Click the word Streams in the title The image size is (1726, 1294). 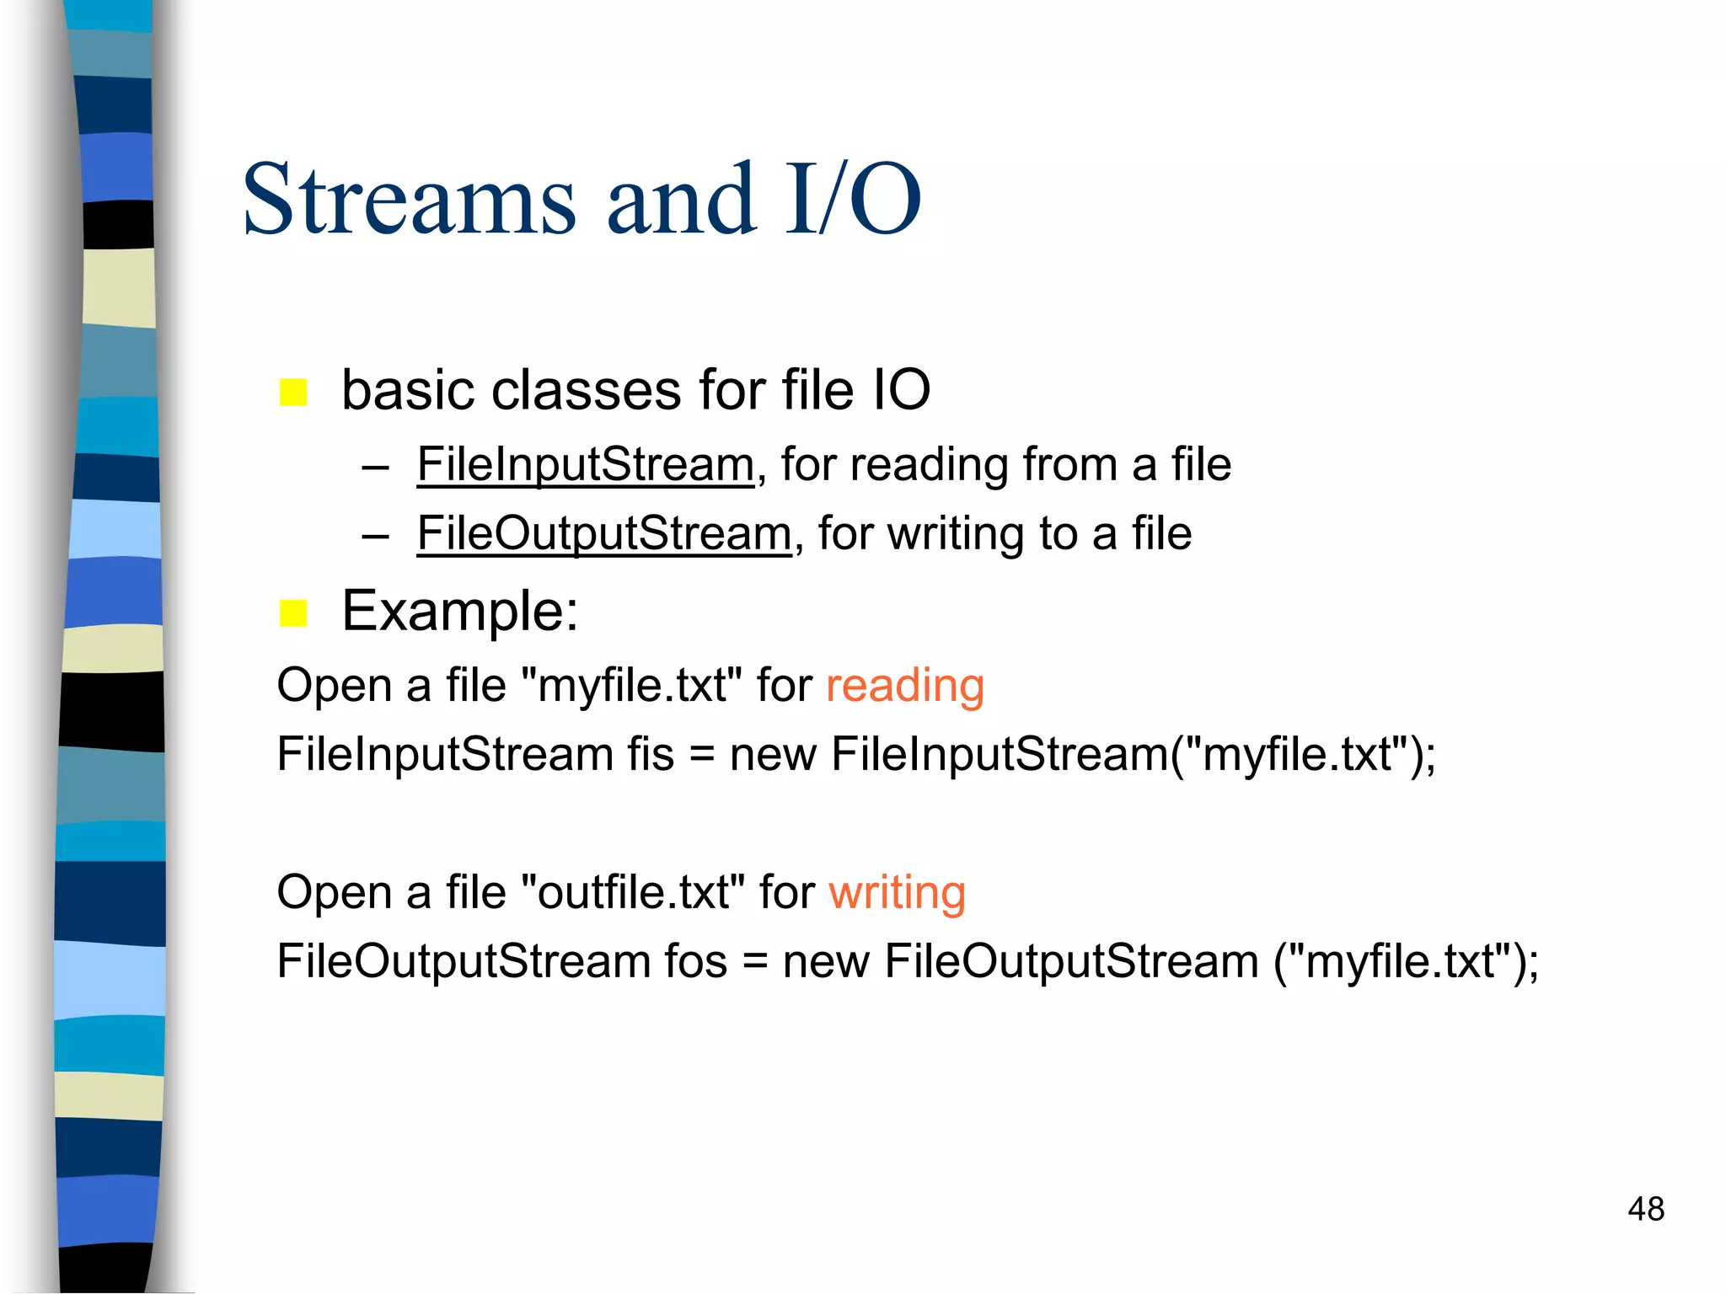click(x=410, y=200)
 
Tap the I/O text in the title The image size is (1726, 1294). click(x=852, y=200)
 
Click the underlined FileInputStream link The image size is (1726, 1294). click(x=585, y=464)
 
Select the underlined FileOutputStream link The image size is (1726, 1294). click(x=604, y=533)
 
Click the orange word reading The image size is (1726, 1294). click(x=904, y=685)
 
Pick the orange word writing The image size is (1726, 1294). click(x=897, y=892)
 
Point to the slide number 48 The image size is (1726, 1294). click(x=1646, y=1209)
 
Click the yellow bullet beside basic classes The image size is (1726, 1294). click(x=293, y=392)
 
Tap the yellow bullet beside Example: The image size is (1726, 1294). click(x=293, y=612)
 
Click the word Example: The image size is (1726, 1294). click(x=460, y=611)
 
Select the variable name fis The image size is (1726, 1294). click(x=651, y=754)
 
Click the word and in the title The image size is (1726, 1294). click(x=681, y=200)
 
